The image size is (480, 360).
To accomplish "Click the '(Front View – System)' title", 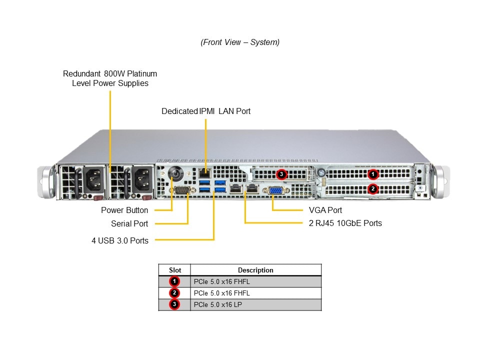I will pos(240,42).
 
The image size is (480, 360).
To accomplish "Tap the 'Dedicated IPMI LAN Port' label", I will pos(206,111).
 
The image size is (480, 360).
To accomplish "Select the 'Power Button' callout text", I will pos(124,210).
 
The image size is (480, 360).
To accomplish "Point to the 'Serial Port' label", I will pos(129,223).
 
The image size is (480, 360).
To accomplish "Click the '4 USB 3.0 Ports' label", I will pos(120,240).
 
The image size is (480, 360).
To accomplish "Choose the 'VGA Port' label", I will pos(325,210).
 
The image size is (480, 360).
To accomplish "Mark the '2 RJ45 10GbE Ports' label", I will pos(345,223).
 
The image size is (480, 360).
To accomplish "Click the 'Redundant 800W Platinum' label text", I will pos(110,73).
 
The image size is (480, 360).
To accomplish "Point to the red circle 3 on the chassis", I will pos(281,174).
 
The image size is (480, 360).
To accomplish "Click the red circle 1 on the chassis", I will pos(372,174).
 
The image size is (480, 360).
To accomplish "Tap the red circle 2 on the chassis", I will pos(372,188).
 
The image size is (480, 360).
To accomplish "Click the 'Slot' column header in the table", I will pos(175,270).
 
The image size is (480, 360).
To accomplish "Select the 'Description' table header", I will pos(255,270).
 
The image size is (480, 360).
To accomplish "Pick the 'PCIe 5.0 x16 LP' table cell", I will pos(217,304).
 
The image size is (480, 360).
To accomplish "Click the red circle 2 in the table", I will pos(174,293).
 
